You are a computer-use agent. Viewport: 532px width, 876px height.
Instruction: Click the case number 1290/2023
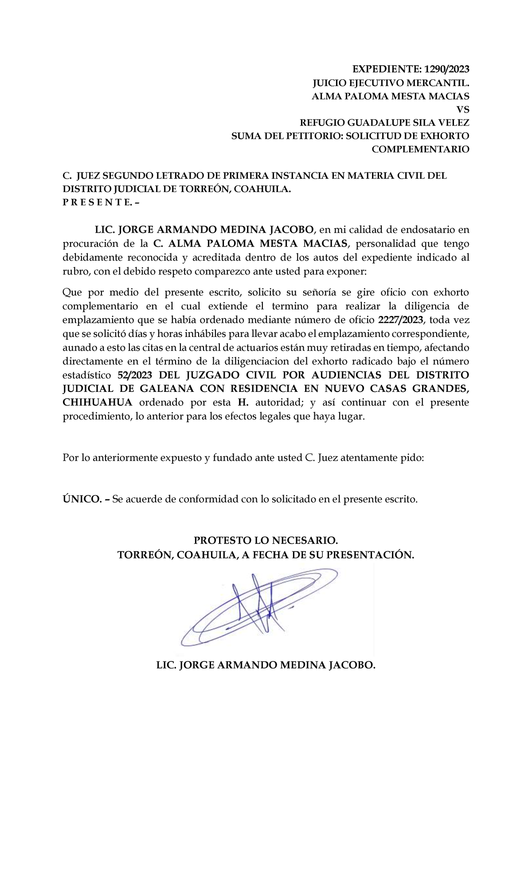tap(446, 69)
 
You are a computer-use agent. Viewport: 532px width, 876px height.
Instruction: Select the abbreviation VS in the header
tap(463, 109)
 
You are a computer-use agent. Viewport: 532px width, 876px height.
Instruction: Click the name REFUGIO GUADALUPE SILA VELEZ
tap(384, 123)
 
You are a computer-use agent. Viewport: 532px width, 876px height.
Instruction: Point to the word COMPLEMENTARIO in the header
tap(420, 149)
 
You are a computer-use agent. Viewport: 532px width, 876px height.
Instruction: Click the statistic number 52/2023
tap(134, 375)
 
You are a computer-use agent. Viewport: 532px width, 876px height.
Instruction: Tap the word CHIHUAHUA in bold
tap(98, 403)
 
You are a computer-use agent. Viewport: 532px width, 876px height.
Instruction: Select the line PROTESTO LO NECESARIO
tap(266, 541)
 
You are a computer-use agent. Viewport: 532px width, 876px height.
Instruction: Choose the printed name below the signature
tap(266, 665)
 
